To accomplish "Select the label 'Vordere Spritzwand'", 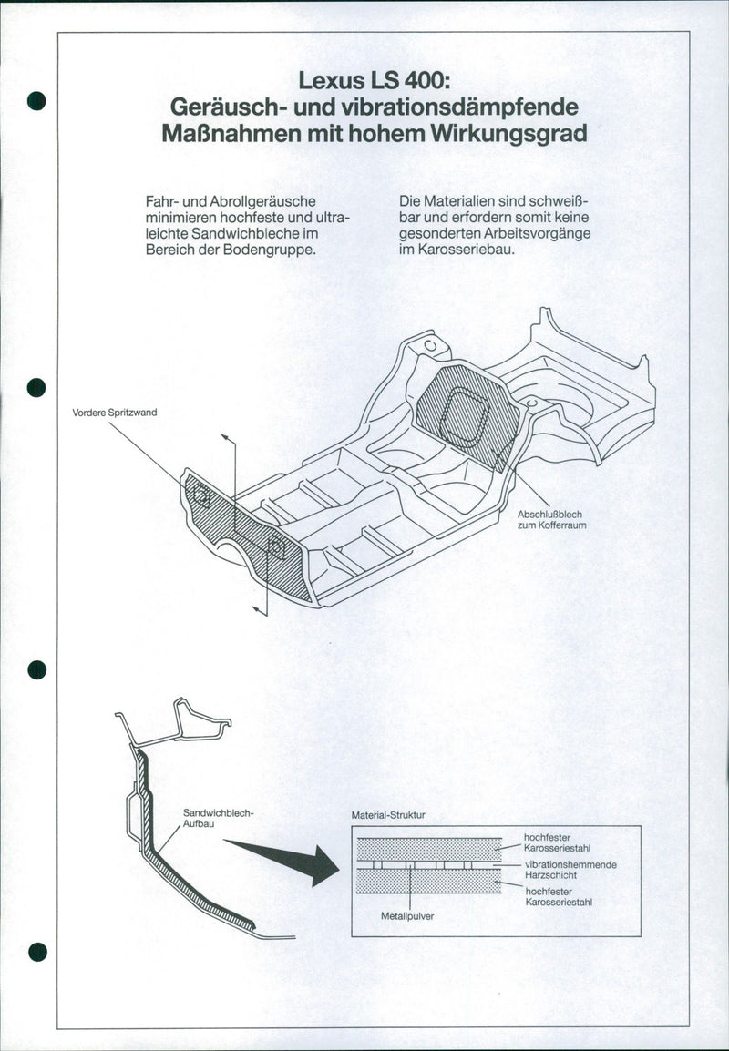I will point(115,413).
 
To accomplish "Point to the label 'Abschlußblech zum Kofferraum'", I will point(550,520).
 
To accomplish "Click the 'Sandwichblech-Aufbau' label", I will point(218,816).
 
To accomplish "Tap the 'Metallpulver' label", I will point(406,915).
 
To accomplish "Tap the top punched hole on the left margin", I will point(36,100).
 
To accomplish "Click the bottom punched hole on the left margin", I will point(36,952).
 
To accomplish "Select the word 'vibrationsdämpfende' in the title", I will point(473,106).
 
